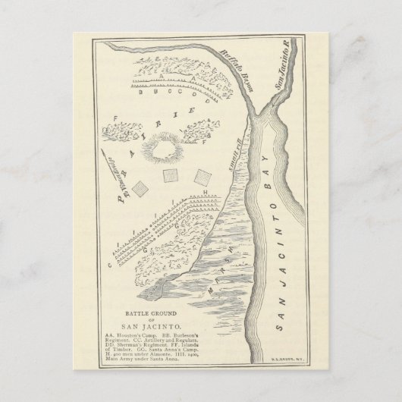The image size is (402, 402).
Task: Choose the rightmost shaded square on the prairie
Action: (x=203, y=176)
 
